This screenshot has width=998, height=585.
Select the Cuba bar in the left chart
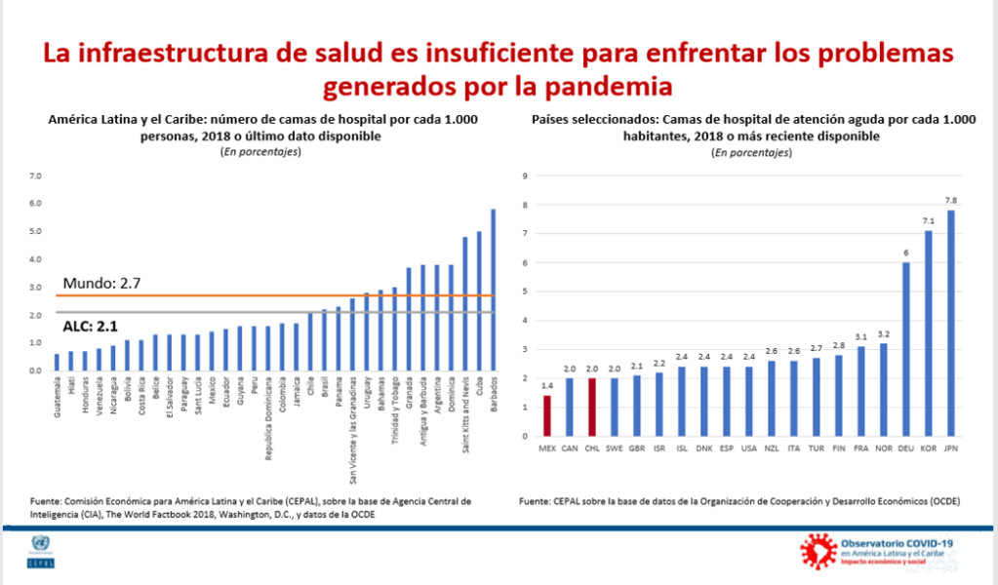[x=479, y=301]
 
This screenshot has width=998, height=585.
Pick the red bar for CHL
[x=592, y=407]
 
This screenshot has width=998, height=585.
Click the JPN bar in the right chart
[x=951, y=323]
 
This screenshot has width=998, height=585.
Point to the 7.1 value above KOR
[x=928, y=221]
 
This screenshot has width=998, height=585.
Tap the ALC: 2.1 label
[x=91, y=325]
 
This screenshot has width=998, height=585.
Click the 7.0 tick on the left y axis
[x=36, y=176]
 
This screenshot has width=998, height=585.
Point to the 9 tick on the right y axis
[x=525, y=176]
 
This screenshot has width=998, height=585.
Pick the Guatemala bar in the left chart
[x=57, y=362]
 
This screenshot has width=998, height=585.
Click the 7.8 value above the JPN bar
[x=951, y=201]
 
